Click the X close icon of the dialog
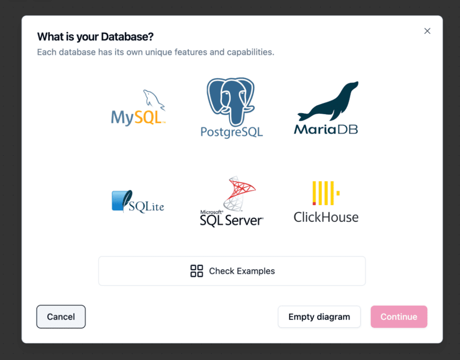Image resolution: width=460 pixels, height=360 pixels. click(427, 31)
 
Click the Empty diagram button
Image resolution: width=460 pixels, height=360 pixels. click(319, 316)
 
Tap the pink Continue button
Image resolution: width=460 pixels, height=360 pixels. click(399, 316)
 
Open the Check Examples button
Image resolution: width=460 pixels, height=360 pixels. click(232, 271)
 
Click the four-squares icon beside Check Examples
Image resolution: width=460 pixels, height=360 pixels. click(197, 271)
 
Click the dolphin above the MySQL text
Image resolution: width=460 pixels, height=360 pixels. click(154, 100)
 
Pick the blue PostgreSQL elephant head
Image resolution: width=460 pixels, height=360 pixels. click(230, 101)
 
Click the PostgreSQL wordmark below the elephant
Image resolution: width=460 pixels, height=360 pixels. click(231, 132)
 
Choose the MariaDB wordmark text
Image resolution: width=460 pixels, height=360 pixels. click(326, 129)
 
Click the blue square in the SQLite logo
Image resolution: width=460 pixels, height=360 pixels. click(118, 201)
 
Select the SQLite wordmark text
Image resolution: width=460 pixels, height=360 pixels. click(146, 206)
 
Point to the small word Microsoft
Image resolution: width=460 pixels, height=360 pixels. click(212, 212)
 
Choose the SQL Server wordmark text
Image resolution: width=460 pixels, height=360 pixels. click(231, 220)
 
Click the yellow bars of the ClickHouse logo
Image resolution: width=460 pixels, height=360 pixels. click(326, 193)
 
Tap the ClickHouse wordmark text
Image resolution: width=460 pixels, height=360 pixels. click(326, 217)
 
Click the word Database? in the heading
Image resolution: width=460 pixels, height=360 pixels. click(127, 37)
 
